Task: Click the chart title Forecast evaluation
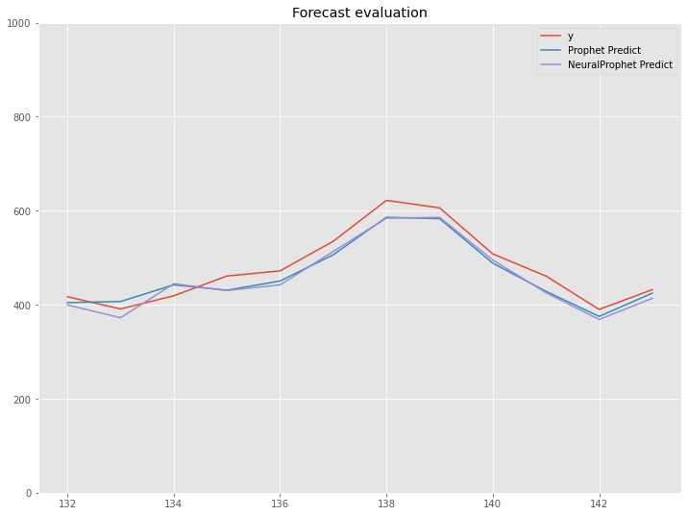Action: point(359,12)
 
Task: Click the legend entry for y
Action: point(571,36)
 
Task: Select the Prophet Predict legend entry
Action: point(603,50)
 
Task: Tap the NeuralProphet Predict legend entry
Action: point(620,64)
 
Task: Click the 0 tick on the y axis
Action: point(29,494)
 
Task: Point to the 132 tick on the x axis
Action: point(67,504)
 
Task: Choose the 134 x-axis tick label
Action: point(174,504)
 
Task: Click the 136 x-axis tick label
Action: point(280,504)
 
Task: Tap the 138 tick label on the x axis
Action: point(386,504)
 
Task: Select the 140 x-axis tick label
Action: point(493,504)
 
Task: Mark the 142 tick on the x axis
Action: point(600,504)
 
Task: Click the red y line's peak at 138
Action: point(386,200)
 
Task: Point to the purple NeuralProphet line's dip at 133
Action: point(120,318)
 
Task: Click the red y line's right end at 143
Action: point(652,290)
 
